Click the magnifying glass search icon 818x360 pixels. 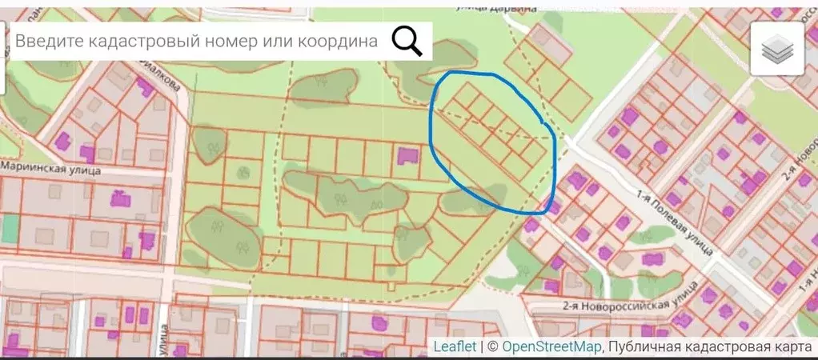[407, 41]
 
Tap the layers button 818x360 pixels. [776, 50]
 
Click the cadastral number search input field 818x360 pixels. [196, 42]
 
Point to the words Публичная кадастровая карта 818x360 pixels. [711, 346]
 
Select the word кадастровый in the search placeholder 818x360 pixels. [138, 42]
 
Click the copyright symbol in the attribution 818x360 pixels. [493, 346]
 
